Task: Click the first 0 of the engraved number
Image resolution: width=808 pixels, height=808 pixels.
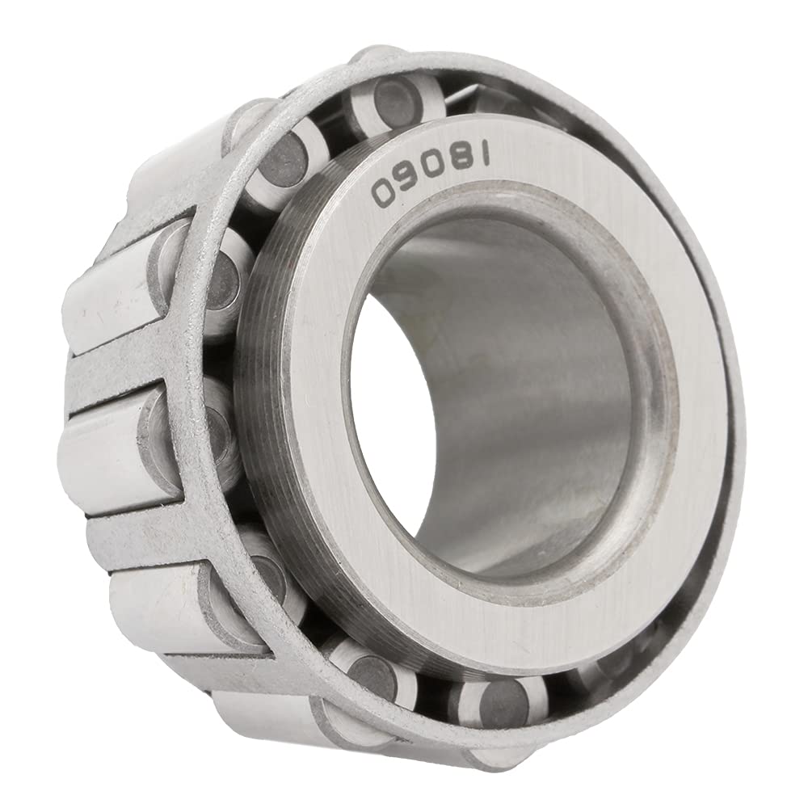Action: (382, 191)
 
